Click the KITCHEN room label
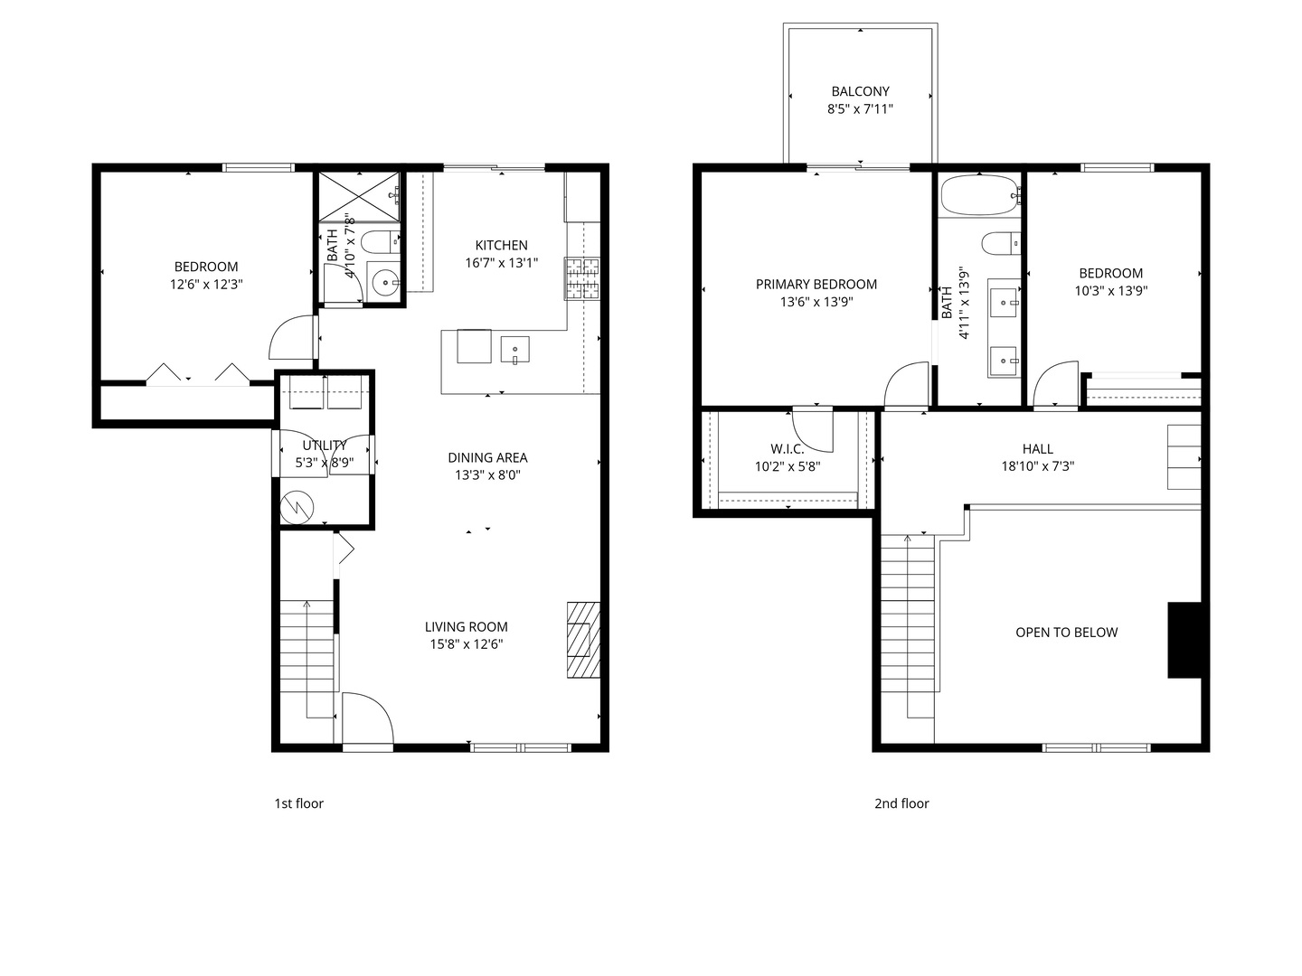point(501,245)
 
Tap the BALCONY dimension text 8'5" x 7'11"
point(860,109)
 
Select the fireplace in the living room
point(582,640)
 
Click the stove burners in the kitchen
point(582,277)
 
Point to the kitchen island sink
point(514,348)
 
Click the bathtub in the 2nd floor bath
point(980,194)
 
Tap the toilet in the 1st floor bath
point(378,241)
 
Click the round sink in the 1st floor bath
point(386,283)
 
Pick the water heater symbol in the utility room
point(296,507)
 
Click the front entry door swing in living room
point(366,718)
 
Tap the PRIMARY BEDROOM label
point(816,284)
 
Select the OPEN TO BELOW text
point(1066,633)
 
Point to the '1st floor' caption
point(298,803)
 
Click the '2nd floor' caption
point(901,803)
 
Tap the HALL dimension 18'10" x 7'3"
point(1037,466)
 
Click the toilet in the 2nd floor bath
point(1000,243)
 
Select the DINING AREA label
point(487,457)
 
